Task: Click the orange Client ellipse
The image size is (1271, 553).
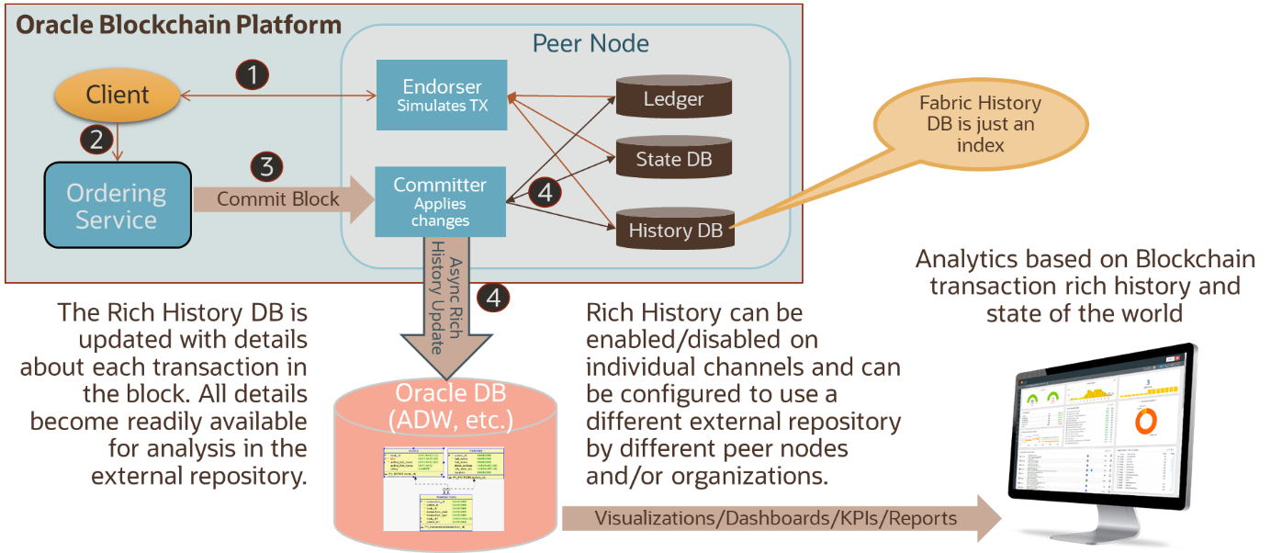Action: [x=117, y=95]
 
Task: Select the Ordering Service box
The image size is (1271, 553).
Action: [x=117, y=206]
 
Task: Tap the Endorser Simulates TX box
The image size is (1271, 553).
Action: [x=442, y=96]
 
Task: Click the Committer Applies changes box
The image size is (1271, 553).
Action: [x=440, y=201]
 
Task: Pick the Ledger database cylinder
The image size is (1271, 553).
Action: [x=673, y=99]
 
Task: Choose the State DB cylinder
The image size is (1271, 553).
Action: [x=673, y=160]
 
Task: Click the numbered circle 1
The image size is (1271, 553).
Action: [x=253, y=74]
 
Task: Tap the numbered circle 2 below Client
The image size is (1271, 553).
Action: [x=97, y=139]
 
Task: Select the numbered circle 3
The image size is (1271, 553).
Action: [x=266, y=167]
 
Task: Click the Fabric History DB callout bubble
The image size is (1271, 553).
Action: [x=980, y=125]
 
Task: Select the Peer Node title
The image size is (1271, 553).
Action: [x=591, y=43]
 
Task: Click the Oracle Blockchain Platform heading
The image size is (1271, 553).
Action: [x=179, y=25]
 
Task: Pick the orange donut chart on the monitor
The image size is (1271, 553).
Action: [x=1147, y=419]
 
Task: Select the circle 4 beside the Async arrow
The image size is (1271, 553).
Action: [x=494, y=297]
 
